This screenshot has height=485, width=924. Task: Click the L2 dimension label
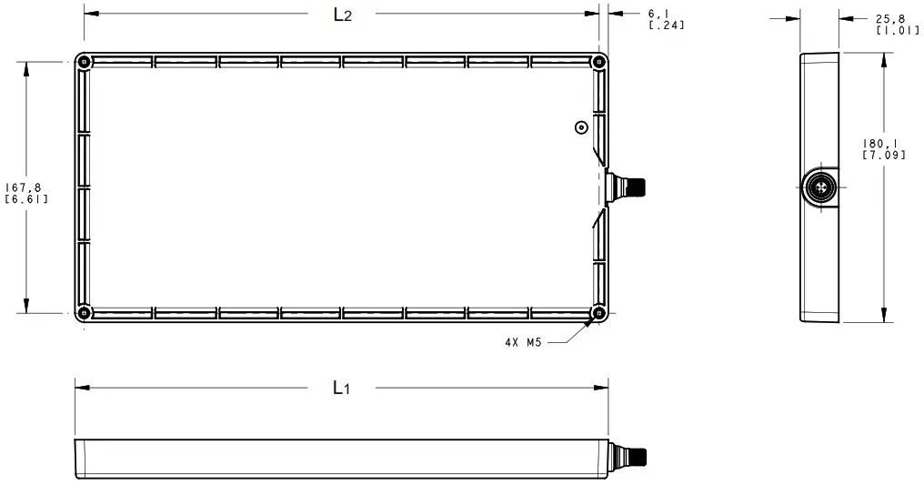(x=341, y=15)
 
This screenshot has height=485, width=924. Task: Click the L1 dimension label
(x=341, y=388)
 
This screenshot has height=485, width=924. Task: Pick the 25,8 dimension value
(x=889, y=18)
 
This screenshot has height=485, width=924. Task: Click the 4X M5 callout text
(x=525, y=343)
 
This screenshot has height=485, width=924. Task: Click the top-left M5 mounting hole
(x=84, y=63)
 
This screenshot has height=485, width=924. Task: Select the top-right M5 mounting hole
(x=598, y=63)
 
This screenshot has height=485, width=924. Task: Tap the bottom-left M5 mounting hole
(x=84, y=313)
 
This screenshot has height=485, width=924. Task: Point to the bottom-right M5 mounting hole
(x=598, y=313)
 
